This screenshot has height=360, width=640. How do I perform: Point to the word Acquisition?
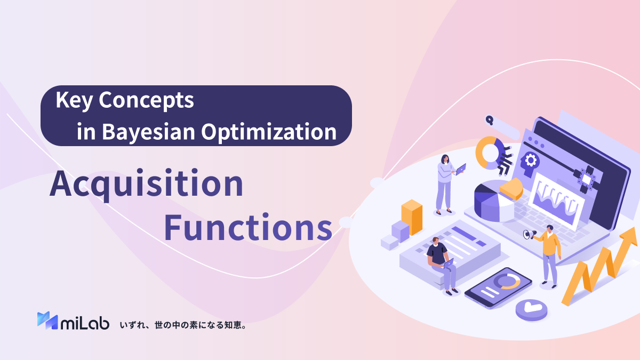[x=146, y=185]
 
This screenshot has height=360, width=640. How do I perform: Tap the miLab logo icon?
[x=47, y=320]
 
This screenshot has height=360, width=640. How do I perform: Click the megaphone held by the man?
[x=528, y=234]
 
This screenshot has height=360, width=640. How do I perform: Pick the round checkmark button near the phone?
[x=531, y=309]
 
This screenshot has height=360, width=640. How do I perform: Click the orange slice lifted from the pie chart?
[x=510, y=188]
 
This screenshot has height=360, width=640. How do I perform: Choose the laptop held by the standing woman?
[x=460, y=169]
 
